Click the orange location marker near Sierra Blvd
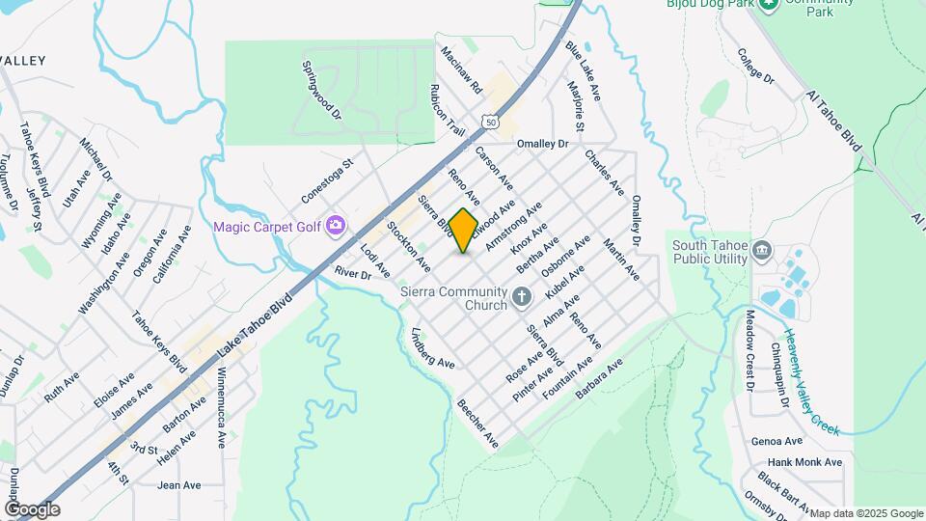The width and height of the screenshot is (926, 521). tap(463, 231)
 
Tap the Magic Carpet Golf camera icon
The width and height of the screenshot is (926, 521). tap(336, 226)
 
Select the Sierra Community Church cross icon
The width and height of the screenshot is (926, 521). tap(522, 297)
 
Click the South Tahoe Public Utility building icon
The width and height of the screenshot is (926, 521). tap(762, 252)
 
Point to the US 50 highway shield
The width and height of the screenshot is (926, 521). tap(492, 123)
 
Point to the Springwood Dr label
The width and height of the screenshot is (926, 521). tap(322, 91)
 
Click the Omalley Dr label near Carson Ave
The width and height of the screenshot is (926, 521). tap(543, 144)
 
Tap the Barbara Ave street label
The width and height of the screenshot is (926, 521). tap(599, 379)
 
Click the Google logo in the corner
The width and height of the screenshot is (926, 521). tap(32, 509)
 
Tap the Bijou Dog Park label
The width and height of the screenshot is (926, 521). tap(710, 4)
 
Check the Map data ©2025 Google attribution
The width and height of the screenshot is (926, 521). tap(866, 513)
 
